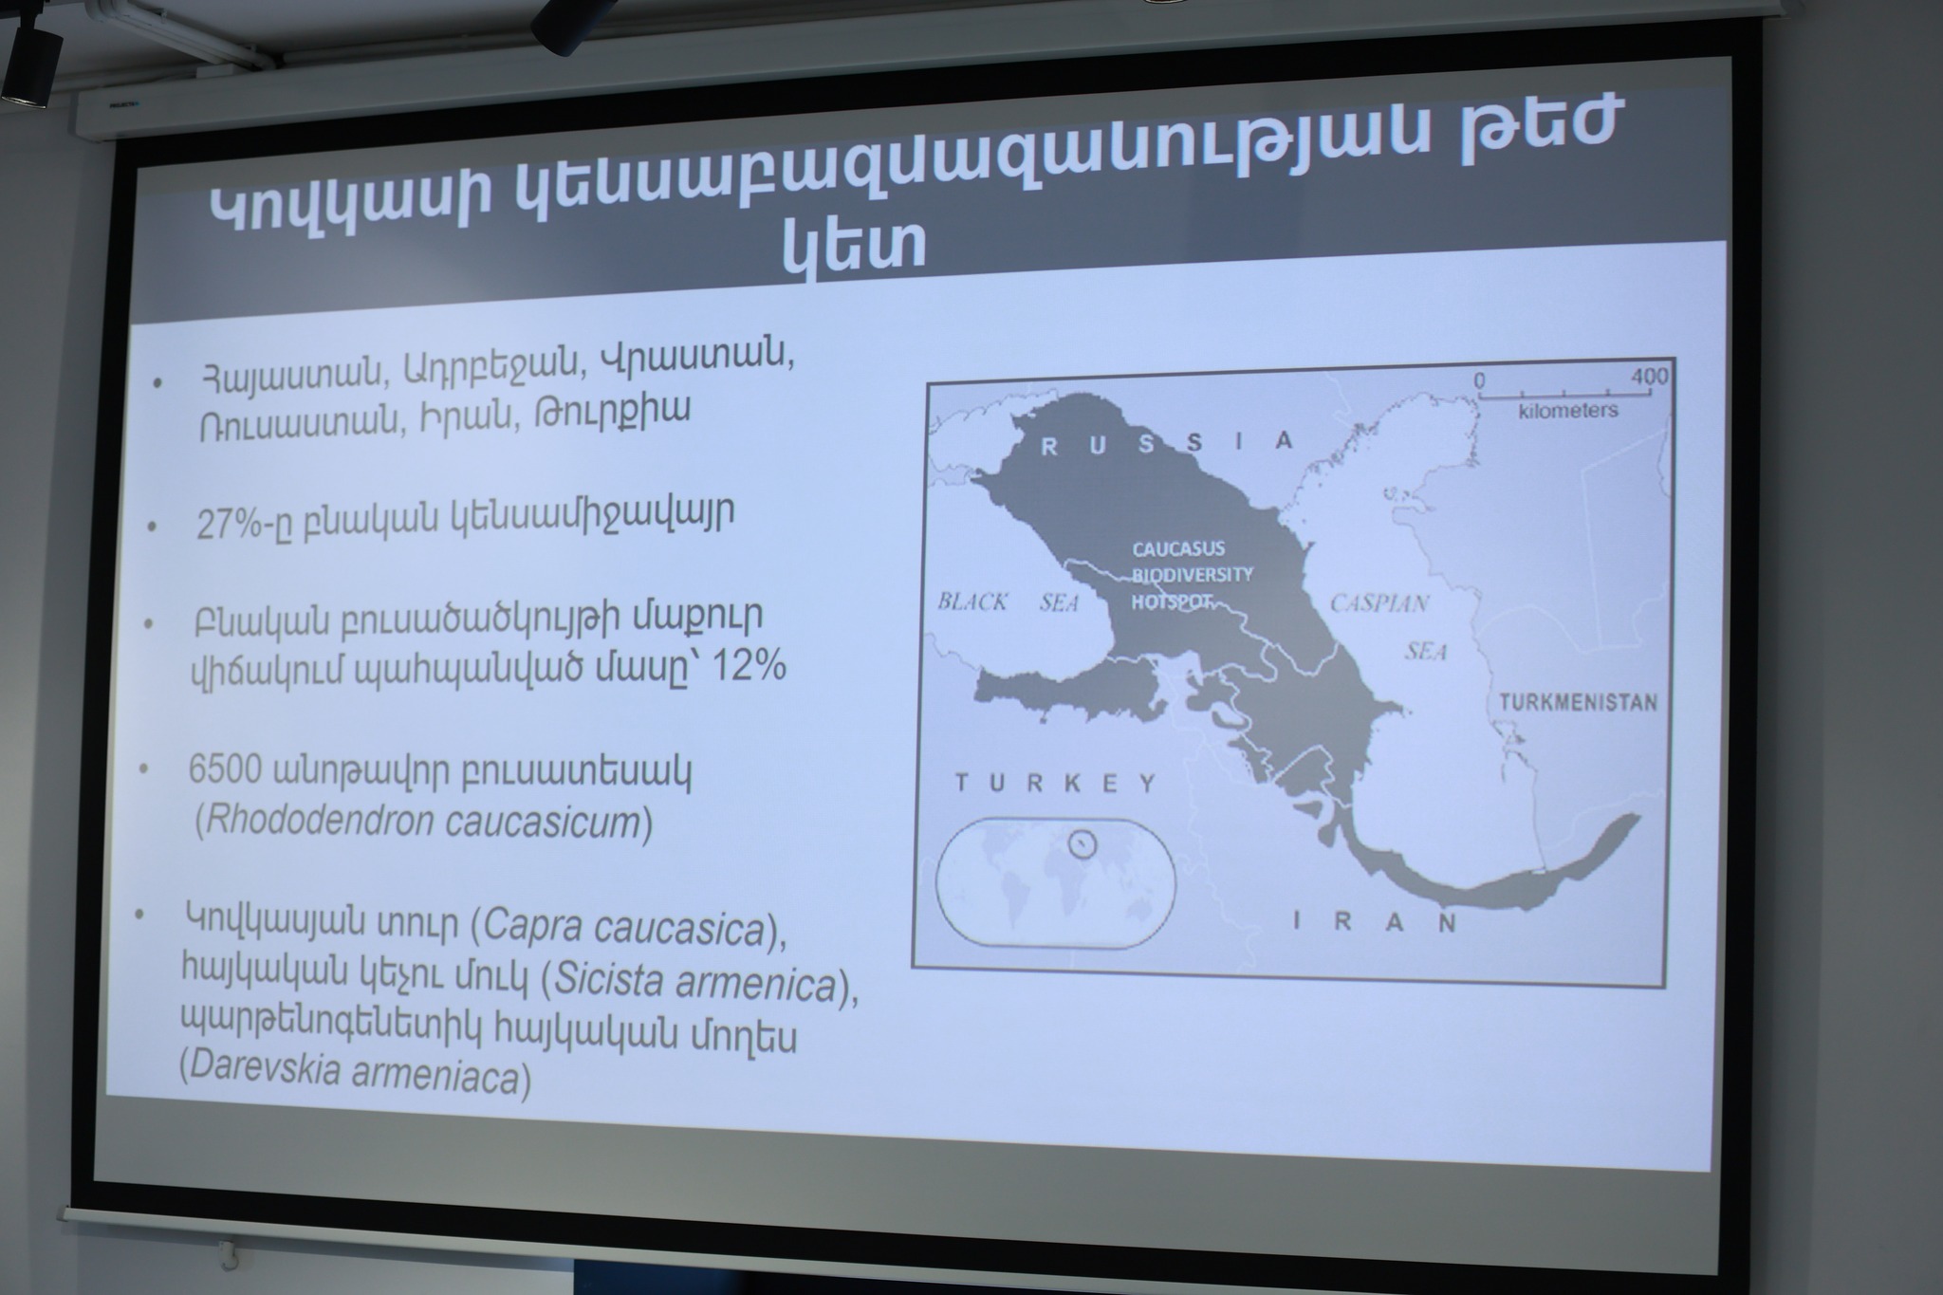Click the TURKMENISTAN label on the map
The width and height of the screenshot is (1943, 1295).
[1578, 702]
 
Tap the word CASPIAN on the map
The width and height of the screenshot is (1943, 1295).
[1379, 603]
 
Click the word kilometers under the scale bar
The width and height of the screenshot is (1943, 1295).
[1568, 410]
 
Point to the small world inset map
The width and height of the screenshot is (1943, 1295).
[1056, 882]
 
